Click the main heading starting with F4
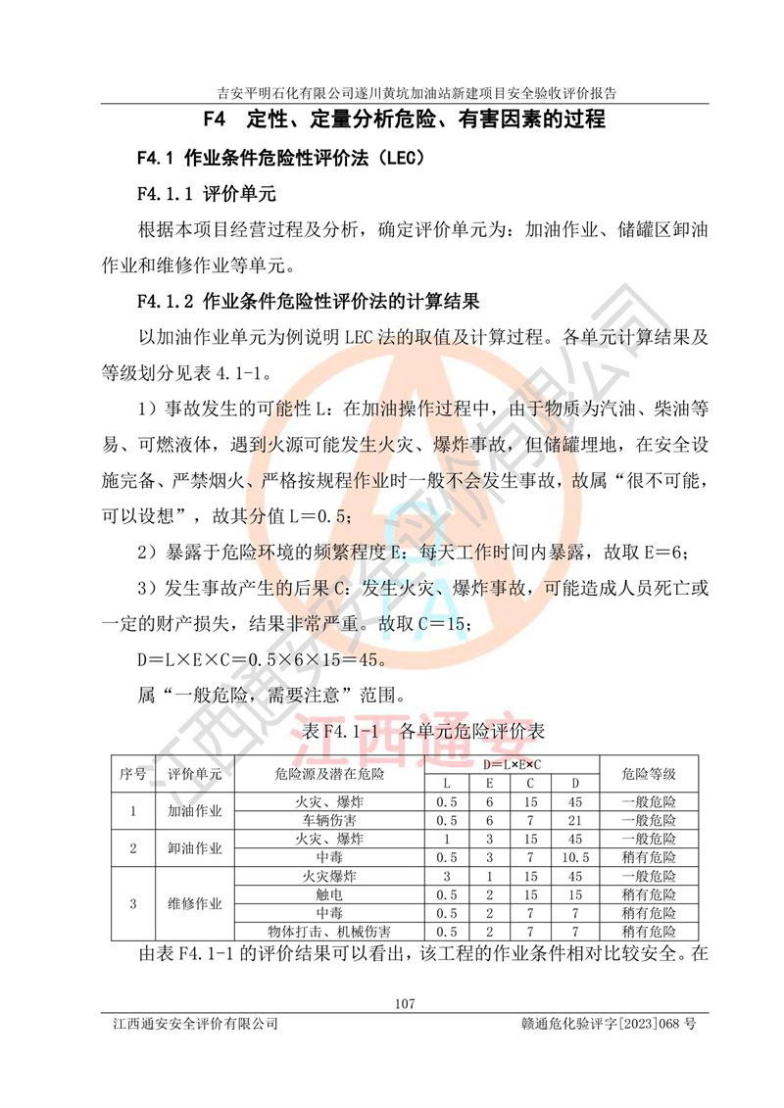pos(403,121)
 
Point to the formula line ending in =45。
pos(262,659)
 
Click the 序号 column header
pos(133,773)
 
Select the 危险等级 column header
pos(648,773)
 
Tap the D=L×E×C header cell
pos(512,763)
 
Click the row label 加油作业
pos(195,811)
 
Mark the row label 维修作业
pos(195,903)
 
